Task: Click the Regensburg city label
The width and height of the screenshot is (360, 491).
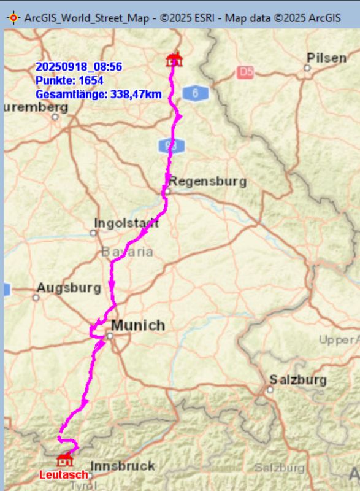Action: point(207,181)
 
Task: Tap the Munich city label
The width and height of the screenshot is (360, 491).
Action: point(137,325)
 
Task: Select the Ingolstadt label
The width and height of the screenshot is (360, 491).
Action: point(126,223)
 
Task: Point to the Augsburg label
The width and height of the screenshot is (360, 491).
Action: point(68,287)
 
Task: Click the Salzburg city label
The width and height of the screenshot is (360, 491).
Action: point(298,380)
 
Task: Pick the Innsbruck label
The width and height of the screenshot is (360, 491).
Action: point(123,466)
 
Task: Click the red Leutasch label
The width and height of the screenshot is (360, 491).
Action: point(63,474)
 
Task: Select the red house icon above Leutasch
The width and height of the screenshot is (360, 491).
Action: point(64,460)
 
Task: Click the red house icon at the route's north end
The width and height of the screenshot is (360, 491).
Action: point(175,60)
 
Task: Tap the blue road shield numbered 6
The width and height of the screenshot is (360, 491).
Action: point(196,93)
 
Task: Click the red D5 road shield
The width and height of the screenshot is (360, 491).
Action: point(245,72)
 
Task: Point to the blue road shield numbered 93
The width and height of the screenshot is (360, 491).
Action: point(171,146)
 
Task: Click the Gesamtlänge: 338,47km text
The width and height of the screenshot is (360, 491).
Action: point(98,95)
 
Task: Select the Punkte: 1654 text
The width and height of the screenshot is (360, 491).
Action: point(69,80)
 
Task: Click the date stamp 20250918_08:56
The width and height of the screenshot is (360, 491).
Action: point(78,66)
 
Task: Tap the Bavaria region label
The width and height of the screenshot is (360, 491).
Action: point(127,252)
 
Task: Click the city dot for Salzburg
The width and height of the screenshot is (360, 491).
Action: point(270,389)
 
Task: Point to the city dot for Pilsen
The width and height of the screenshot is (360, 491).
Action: point(307,68)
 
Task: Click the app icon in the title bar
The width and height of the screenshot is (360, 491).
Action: point(12,17)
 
